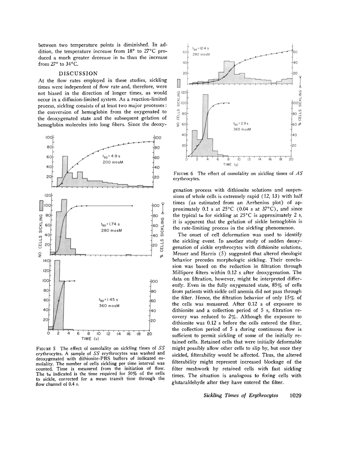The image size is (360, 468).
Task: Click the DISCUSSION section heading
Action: point(78,74)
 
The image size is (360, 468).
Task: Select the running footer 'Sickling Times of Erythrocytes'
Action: point(241,395)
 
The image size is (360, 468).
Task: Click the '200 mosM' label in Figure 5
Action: point(113,162)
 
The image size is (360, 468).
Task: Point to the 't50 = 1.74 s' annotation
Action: point(107,224)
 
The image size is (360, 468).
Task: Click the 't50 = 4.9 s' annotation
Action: point(110,156)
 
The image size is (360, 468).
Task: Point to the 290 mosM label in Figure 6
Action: point(201,54)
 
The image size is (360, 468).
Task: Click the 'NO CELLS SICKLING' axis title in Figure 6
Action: point(178,108)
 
